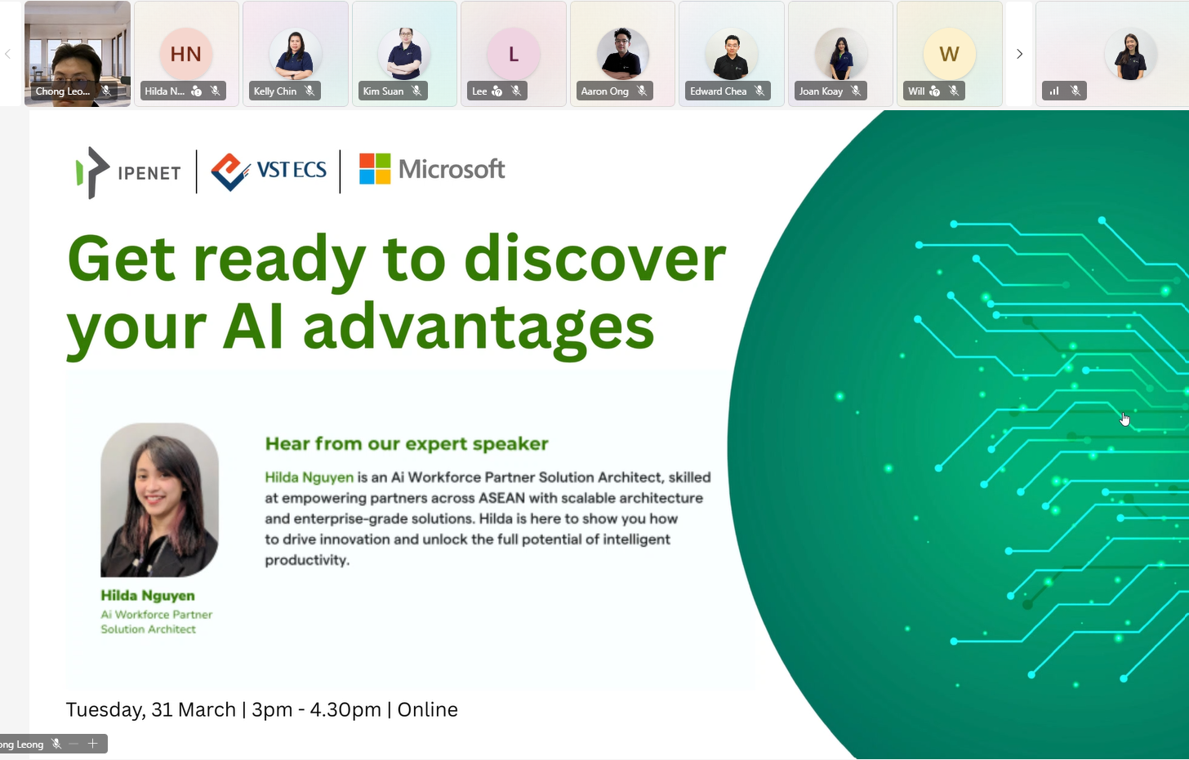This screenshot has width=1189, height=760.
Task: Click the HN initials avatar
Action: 186,54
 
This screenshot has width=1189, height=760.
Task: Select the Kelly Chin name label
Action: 275,91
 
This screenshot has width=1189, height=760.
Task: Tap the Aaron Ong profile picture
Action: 622,54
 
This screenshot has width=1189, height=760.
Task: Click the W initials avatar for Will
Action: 949,54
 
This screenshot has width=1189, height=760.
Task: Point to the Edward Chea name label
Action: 718,91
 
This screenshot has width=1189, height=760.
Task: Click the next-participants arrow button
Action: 1019,54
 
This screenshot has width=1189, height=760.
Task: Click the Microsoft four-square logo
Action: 375,169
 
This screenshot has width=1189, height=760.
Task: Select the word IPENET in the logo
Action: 149,173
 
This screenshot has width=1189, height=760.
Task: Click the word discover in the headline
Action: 594,260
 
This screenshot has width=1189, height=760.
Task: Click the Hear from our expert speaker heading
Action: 407,444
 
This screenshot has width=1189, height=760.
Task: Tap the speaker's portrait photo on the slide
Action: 159,500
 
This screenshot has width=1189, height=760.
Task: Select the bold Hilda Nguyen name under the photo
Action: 148,595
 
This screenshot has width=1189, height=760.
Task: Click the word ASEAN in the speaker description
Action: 501,498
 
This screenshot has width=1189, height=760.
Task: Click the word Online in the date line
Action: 427,709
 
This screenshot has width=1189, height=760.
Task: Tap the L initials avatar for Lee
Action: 513,54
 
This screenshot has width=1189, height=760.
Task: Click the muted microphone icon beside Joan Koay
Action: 856,91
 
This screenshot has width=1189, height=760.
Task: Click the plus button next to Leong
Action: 93,744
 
